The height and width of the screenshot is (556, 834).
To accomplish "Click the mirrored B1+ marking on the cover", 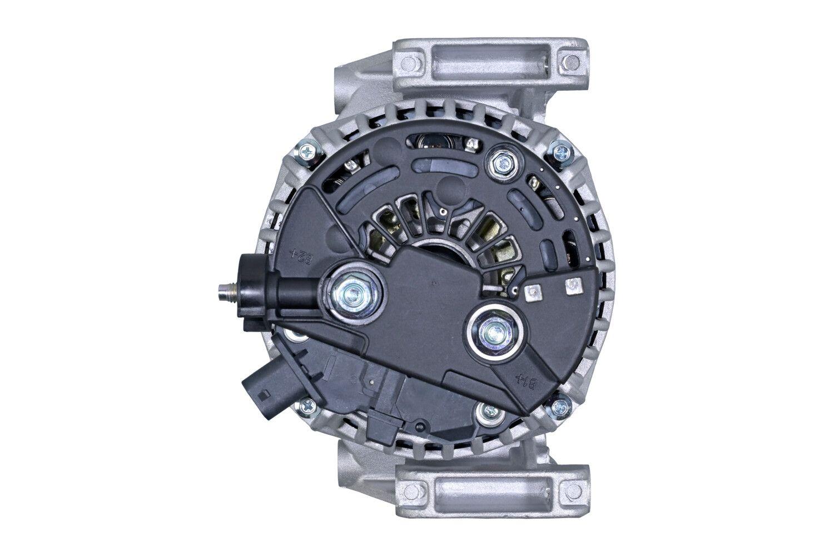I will pyautogui.click(x=520, y=382).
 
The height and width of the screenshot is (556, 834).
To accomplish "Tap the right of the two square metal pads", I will pyautogui.click(x=570, y=286).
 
